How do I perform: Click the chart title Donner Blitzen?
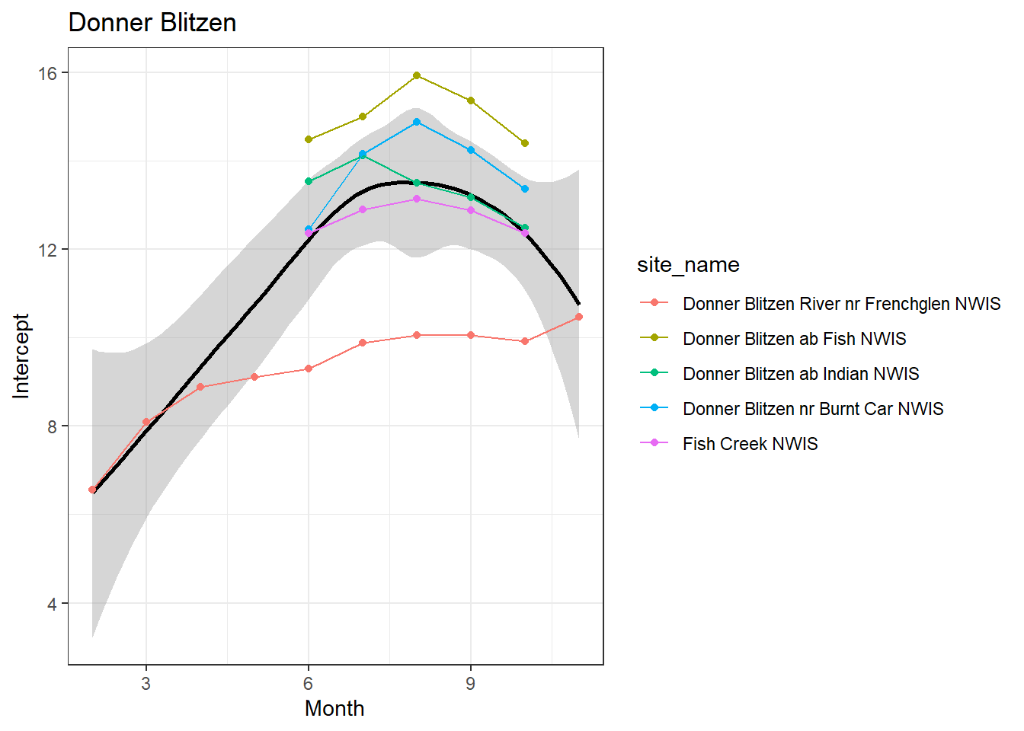[x=152, y=23]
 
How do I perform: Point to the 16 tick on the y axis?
[x=48, y=73]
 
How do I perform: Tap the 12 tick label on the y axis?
[x=48, y=250]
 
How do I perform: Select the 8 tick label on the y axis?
[x=52, y=426]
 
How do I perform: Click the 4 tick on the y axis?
[x=52, y=604]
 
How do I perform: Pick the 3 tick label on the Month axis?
[x=146, y=684]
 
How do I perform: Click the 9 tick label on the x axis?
[x=470, y=684]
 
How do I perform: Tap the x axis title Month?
[x=334, y=708]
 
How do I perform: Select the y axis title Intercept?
[x=21, y=356]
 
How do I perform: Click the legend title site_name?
[x=688, y=265]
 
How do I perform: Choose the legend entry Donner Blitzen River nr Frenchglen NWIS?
[x=841, y=304]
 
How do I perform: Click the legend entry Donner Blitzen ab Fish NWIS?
[x=794, y=339]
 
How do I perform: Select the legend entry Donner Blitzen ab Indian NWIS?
[x=801, y=374]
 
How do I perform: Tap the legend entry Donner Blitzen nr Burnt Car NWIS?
[x=813, y=409]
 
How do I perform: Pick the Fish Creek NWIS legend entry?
[x=750, y=444]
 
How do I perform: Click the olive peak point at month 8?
[x=417, y=75]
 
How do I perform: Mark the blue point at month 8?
[x=417, y=122]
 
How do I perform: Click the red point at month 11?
[x=579, y=317]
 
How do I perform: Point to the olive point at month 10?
[x=525, y=143]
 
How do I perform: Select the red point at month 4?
[x=200, y=387]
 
